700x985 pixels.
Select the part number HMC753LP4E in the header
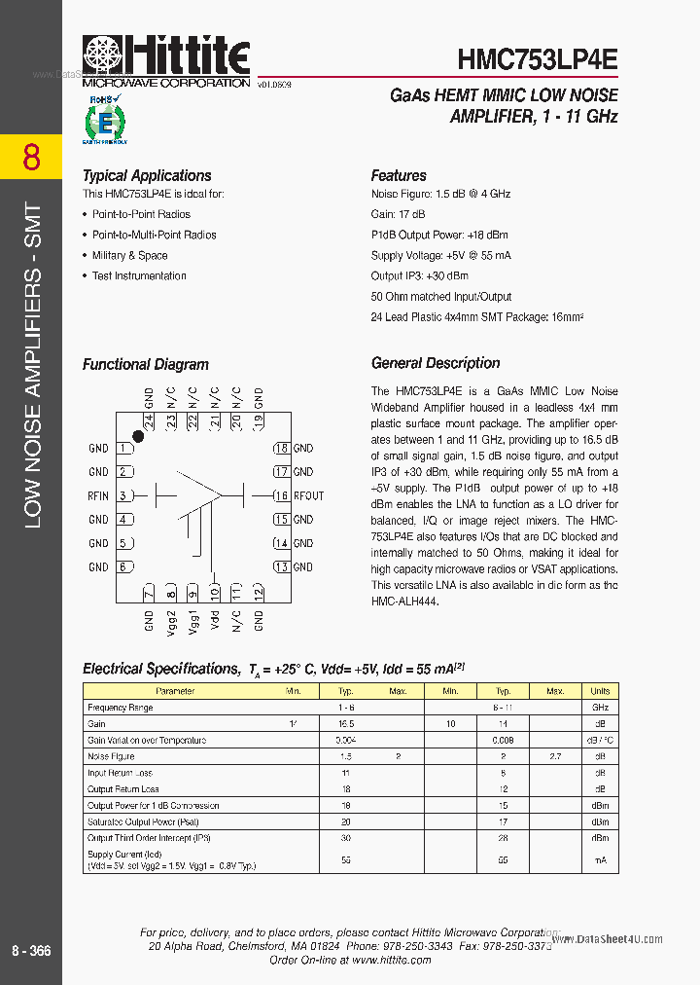coord(538,57)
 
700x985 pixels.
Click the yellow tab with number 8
coord(31,157)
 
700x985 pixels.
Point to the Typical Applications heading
coord(147,176)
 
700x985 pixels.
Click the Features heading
coord(399,176)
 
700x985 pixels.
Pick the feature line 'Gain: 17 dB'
coord(399,215)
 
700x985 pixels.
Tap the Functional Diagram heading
coord(146,365)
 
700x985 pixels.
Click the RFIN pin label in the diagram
coord(98,495)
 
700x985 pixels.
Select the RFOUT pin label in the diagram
coord(308,495)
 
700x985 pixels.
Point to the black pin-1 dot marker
coord(139,437)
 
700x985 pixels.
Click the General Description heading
coord(436,363)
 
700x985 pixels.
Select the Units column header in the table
coord(601,691)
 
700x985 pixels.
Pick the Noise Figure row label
coord(111,756)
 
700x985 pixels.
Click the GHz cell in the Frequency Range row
coord(601,708)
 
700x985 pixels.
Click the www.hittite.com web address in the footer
coord(391,960)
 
